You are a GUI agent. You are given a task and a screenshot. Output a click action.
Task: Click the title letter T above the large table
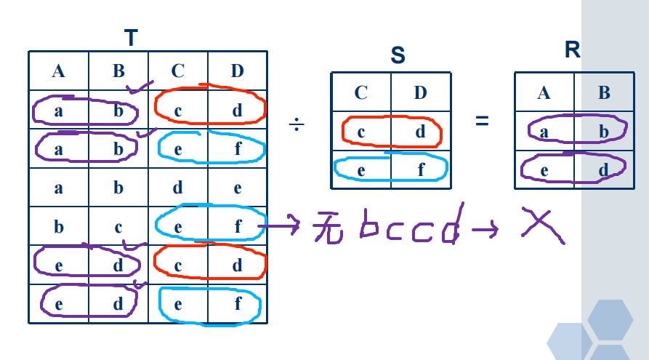point(132,39)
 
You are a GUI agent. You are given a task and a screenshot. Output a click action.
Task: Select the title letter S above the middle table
point(398,55)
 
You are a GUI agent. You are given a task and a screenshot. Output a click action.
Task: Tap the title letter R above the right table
point(573,50)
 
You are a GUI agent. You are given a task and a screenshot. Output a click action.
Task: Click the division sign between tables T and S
point(296,124)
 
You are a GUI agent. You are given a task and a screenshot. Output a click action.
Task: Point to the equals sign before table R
point(482,121)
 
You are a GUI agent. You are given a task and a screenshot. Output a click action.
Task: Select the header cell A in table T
point(58,71)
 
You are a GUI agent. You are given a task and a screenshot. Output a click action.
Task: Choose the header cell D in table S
point(421,92)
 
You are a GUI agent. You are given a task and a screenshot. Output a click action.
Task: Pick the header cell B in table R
point(603,92)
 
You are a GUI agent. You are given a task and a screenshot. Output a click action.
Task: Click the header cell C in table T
point(178,71)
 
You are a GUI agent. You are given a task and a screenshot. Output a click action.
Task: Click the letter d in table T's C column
point(178,188)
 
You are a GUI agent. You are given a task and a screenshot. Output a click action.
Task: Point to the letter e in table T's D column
point(238,188)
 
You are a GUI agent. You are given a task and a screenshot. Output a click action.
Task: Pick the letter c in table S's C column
point(360,132)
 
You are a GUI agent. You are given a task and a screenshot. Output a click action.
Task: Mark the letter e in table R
point(544,170)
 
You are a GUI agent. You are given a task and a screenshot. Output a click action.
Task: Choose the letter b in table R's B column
point(603,132)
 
